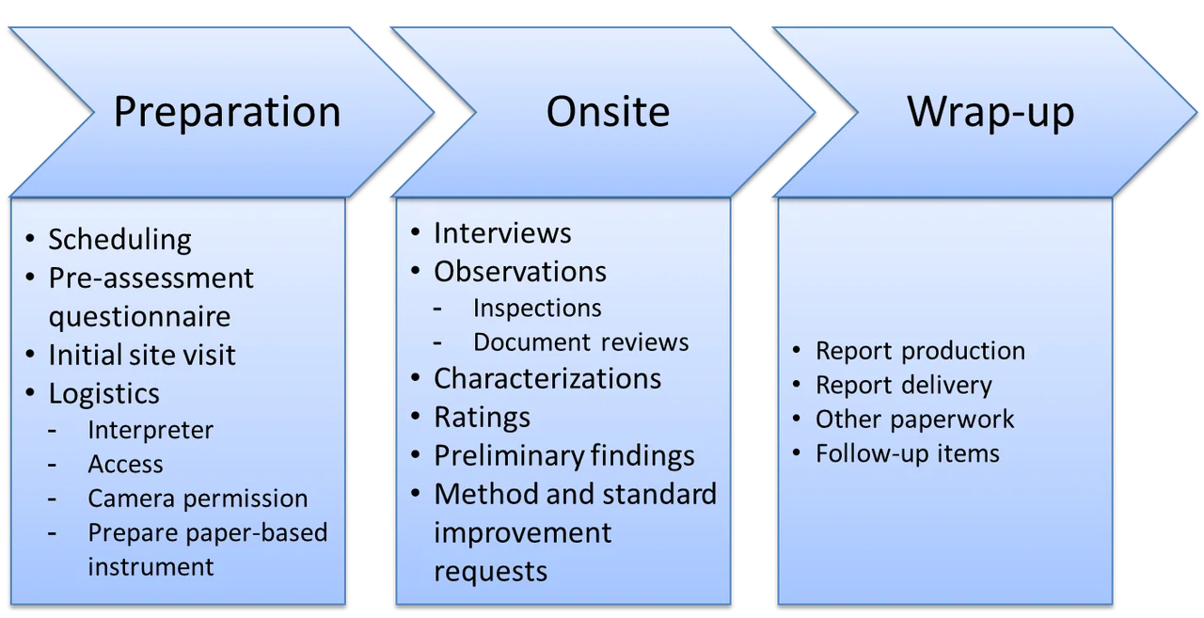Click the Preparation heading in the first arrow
pyautogui.click(x=227, y=112)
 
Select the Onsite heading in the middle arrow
pyautogui.click(x=608, y=112)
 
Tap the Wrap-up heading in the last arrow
pyautogui.click(x=990, y=112)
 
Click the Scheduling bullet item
pyautogui.click(x=119, y=240)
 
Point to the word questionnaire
pyautogui.click(x=139, y=316)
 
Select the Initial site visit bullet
pyautogui.click(x=142, y=355)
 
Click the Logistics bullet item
pyautogui.click(x=104, y=393)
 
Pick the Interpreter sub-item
pyautogui.click(x=150, y=430)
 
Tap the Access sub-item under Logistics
pyautogui.click(x=125, y=464)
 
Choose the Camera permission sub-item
pyautogui.click(x=198, y=498)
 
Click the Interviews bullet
pyautogui.click(x=502, y=232)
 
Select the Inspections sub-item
pyautogui.click(x=537, y=308)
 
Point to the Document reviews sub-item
pyautogui.click(x=580, y=341)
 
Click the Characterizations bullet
pyautogui.click(x=547, y=378)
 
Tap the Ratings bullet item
pyautogui.click(x=482, y=417)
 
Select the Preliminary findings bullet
pyautogui.click(x=563, y=455)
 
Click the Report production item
pyautogui.click(x=920, y=351)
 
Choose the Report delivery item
pyautogui.click(x=903, y=385)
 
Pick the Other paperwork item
pyautogui.click(x=914, y=419)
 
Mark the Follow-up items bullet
pyautogui.click(x=907, y=453)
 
